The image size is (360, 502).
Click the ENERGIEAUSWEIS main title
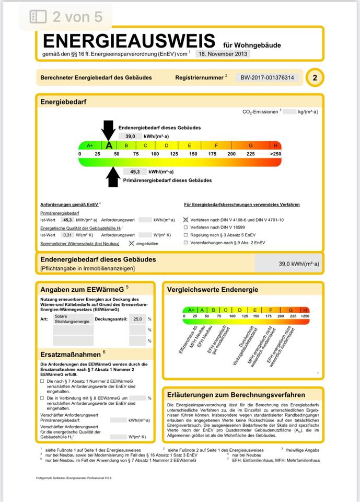coord(129,40)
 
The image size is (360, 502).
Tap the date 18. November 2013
coord(223,53)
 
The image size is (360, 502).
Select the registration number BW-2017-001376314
coord(268,78)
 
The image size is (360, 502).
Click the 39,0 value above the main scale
coord(130,136)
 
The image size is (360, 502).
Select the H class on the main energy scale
coord(275,145)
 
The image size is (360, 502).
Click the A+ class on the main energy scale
coord(89,145)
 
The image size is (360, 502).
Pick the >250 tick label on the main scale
coord(275,154)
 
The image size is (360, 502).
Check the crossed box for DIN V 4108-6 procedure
coord(186,220)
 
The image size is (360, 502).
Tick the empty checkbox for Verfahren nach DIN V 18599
coord(186,228)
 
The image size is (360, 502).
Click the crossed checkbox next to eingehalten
coord(131,244)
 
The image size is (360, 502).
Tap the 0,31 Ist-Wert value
coord(67,235)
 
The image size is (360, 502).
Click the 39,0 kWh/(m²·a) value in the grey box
coord(298,264)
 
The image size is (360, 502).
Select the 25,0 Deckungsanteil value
coord(137,318)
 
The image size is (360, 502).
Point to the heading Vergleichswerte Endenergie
coord(212,290)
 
